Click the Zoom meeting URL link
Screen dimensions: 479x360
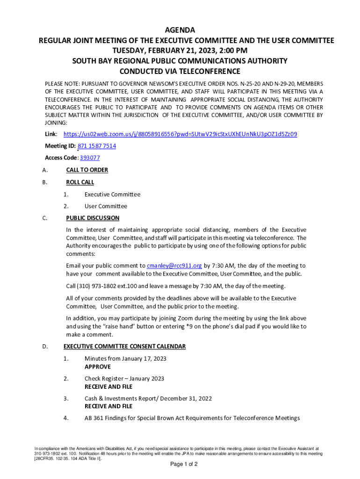point(180,134)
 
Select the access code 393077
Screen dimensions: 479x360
point(90,158)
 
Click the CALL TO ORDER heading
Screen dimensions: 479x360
point(87,170)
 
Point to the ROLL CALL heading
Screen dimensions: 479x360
point(80,182)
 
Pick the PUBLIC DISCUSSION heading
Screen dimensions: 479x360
point(93,218)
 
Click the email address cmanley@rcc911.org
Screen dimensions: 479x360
point(174,266)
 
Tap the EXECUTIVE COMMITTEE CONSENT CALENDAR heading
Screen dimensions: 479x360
point(124,347)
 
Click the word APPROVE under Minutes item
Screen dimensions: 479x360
point(98,367)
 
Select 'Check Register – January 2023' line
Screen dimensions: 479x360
point(124,378)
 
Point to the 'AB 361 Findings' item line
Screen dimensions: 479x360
point(192,418)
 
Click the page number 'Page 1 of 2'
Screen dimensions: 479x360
point(184,464)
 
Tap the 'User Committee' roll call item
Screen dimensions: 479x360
point(106,206)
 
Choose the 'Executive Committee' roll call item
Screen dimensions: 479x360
point(112,195)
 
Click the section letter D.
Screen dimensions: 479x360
point(44,347)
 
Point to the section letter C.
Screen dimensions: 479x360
point(44,218)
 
